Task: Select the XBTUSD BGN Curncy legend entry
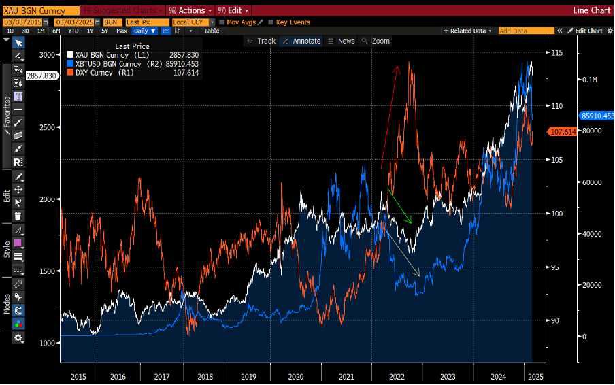113,64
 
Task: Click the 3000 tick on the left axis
47,55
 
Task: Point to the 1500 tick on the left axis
47,271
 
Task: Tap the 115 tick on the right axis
556,53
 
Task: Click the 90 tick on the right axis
554,320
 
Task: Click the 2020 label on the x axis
295,376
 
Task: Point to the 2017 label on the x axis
161,376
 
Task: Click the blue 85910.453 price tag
597,116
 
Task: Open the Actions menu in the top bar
190,11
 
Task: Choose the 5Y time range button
105,31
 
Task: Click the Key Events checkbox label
293,22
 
